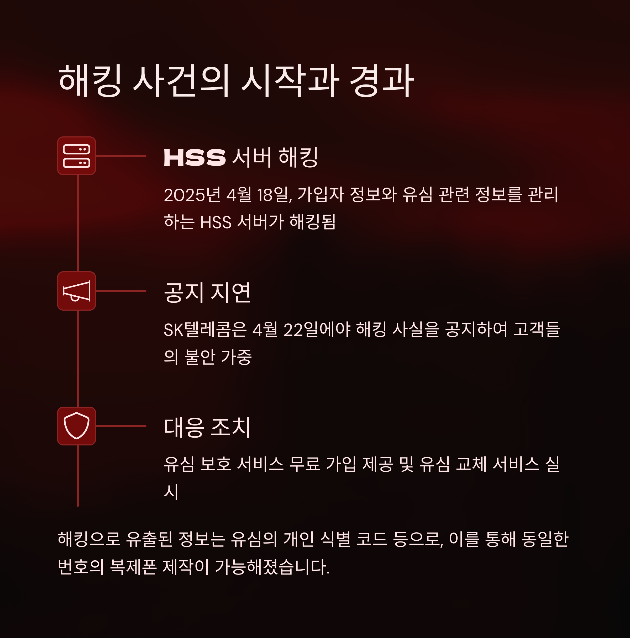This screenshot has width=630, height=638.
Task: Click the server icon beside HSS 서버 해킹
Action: (x=76, y=156)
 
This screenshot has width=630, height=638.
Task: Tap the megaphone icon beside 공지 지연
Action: (x=76, y=291)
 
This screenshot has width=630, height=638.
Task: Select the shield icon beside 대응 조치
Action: (x=76, y=426)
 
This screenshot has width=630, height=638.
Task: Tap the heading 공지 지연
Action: (x=207, y=293)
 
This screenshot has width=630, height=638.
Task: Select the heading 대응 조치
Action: (x=207, y=427)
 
